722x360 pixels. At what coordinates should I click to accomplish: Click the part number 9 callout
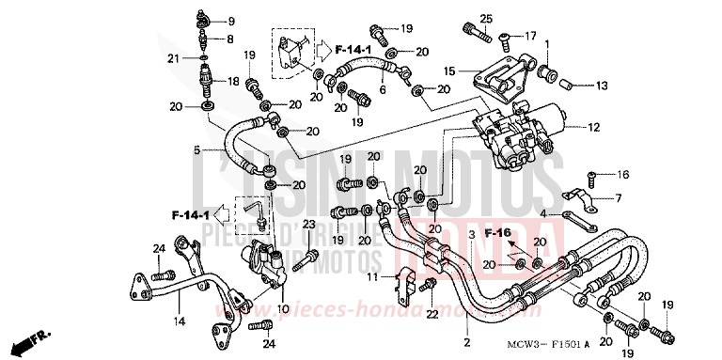point(232,21)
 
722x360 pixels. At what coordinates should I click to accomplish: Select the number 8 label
point(232,39)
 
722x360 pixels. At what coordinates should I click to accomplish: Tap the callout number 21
point(174,58)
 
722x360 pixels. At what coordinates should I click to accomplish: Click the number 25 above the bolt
point(486,19)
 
